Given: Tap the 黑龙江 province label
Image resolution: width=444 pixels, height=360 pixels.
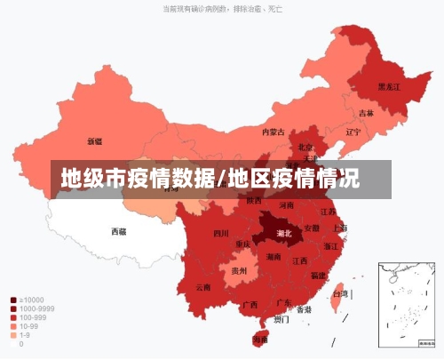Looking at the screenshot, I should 389,86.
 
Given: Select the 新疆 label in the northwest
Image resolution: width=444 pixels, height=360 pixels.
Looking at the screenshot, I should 94,140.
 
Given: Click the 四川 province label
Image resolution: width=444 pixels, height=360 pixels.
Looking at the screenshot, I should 221,234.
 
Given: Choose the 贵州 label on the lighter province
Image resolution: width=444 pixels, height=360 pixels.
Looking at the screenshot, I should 239,270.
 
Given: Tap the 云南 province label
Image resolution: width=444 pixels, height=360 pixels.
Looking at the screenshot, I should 203,287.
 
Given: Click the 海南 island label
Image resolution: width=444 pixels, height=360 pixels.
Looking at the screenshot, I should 260,339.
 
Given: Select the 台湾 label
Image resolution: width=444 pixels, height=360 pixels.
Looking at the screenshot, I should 340,293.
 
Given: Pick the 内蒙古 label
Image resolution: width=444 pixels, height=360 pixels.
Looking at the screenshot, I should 273,132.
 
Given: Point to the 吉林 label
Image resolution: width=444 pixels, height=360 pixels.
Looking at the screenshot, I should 366,113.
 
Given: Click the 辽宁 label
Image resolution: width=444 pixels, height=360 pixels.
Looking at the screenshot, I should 353,132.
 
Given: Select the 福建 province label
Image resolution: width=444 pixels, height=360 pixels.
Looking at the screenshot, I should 318,276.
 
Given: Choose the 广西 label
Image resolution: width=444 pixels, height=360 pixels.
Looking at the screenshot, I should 250,304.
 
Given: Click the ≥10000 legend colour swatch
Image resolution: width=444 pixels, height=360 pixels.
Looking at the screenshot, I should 13,300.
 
